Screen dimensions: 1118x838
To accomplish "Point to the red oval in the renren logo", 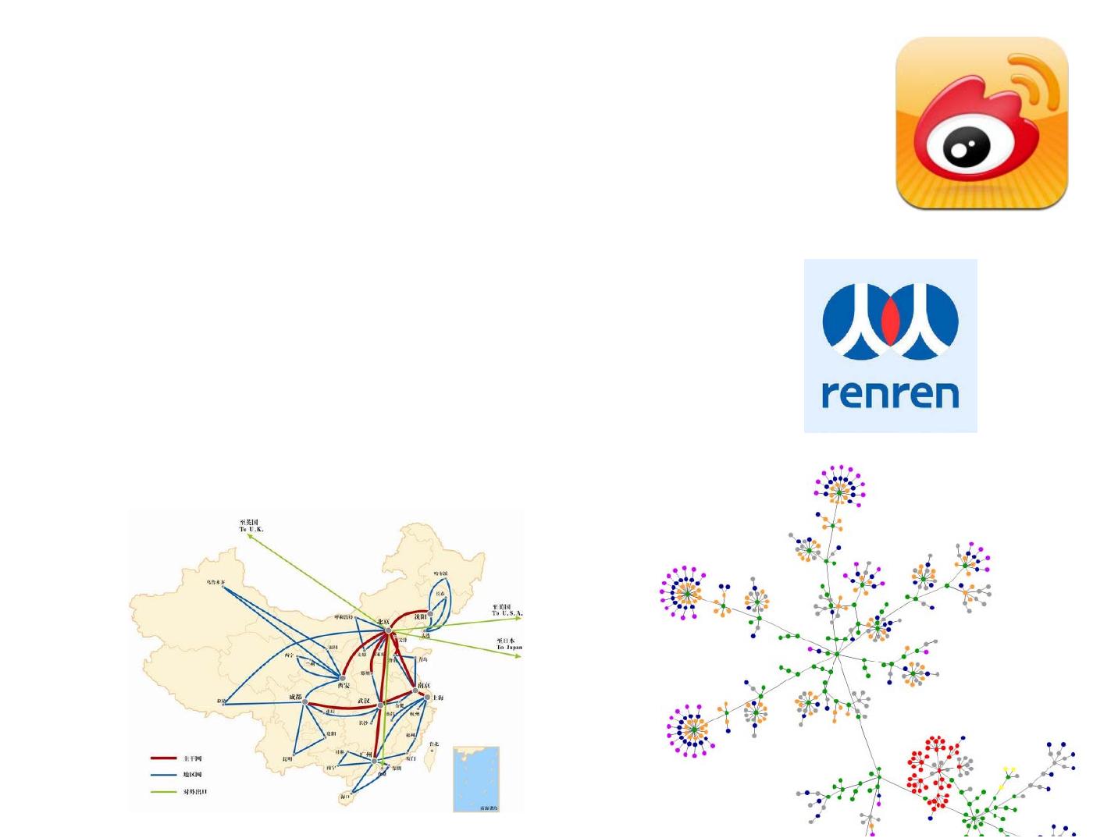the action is coord(890,321).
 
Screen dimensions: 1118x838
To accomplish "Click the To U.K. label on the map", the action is coord(251,526).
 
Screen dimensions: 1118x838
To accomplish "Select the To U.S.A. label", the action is coord(506,609).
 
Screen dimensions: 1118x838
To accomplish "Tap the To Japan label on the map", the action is coord(509,644).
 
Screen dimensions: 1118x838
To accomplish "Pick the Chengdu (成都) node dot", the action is coord(305,701).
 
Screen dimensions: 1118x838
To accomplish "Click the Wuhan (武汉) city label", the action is coord(364,701).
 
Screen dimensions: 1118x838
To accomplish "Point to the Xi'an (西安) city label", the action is coord(344,686).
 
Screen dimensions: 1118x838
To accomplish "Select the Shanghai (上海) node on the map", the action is coord(428,697).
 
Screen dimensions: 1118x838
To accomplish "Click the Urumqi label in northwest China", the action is coord(215,581).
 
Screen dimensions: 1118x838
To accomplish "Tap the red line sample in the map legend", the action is coord(163,758).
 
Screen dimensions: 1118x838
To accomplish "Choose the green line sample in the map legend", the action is coord(163,792).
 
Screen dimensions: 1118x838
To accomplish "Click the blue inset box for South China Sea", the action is coord(475,778).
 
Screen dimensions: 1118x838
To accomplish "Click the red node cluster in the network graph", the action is coord(934,769).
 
